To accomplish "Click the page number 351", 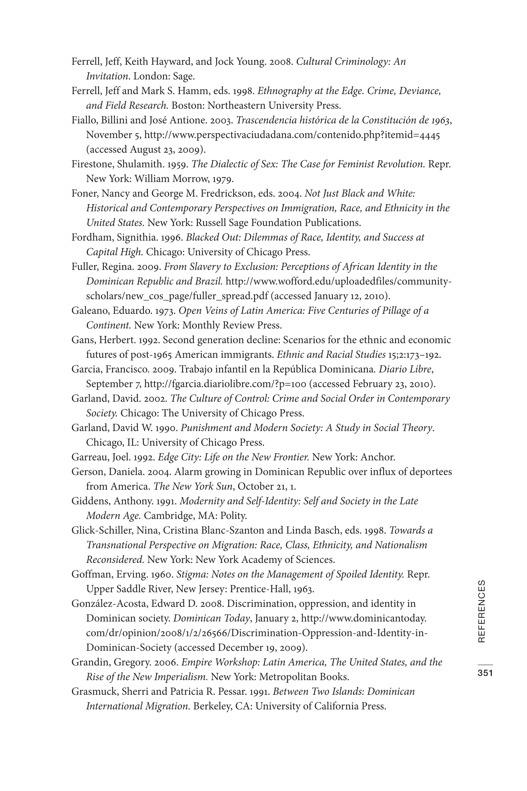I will (485, 673).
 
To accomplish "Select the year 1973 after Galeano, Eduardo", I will (165, 310).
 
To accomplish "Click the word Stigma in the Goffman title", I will (188, 574).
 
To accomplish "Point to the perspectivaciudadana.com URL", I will (292, 135).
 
